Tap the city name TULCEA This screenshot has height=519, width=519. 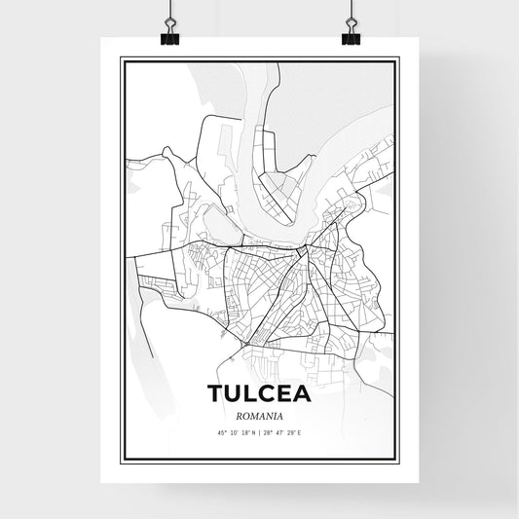pyautogui.click(x=259, y=393)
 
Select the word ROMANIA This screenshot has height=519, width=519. pyautogui.click(x=259, y=414)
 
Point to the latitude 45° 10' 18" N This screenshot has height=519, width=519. pyautogui.click(x=234, y=431)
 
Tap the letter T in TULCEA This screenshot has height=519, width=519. pyautogui.click(x=215, y=393)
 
